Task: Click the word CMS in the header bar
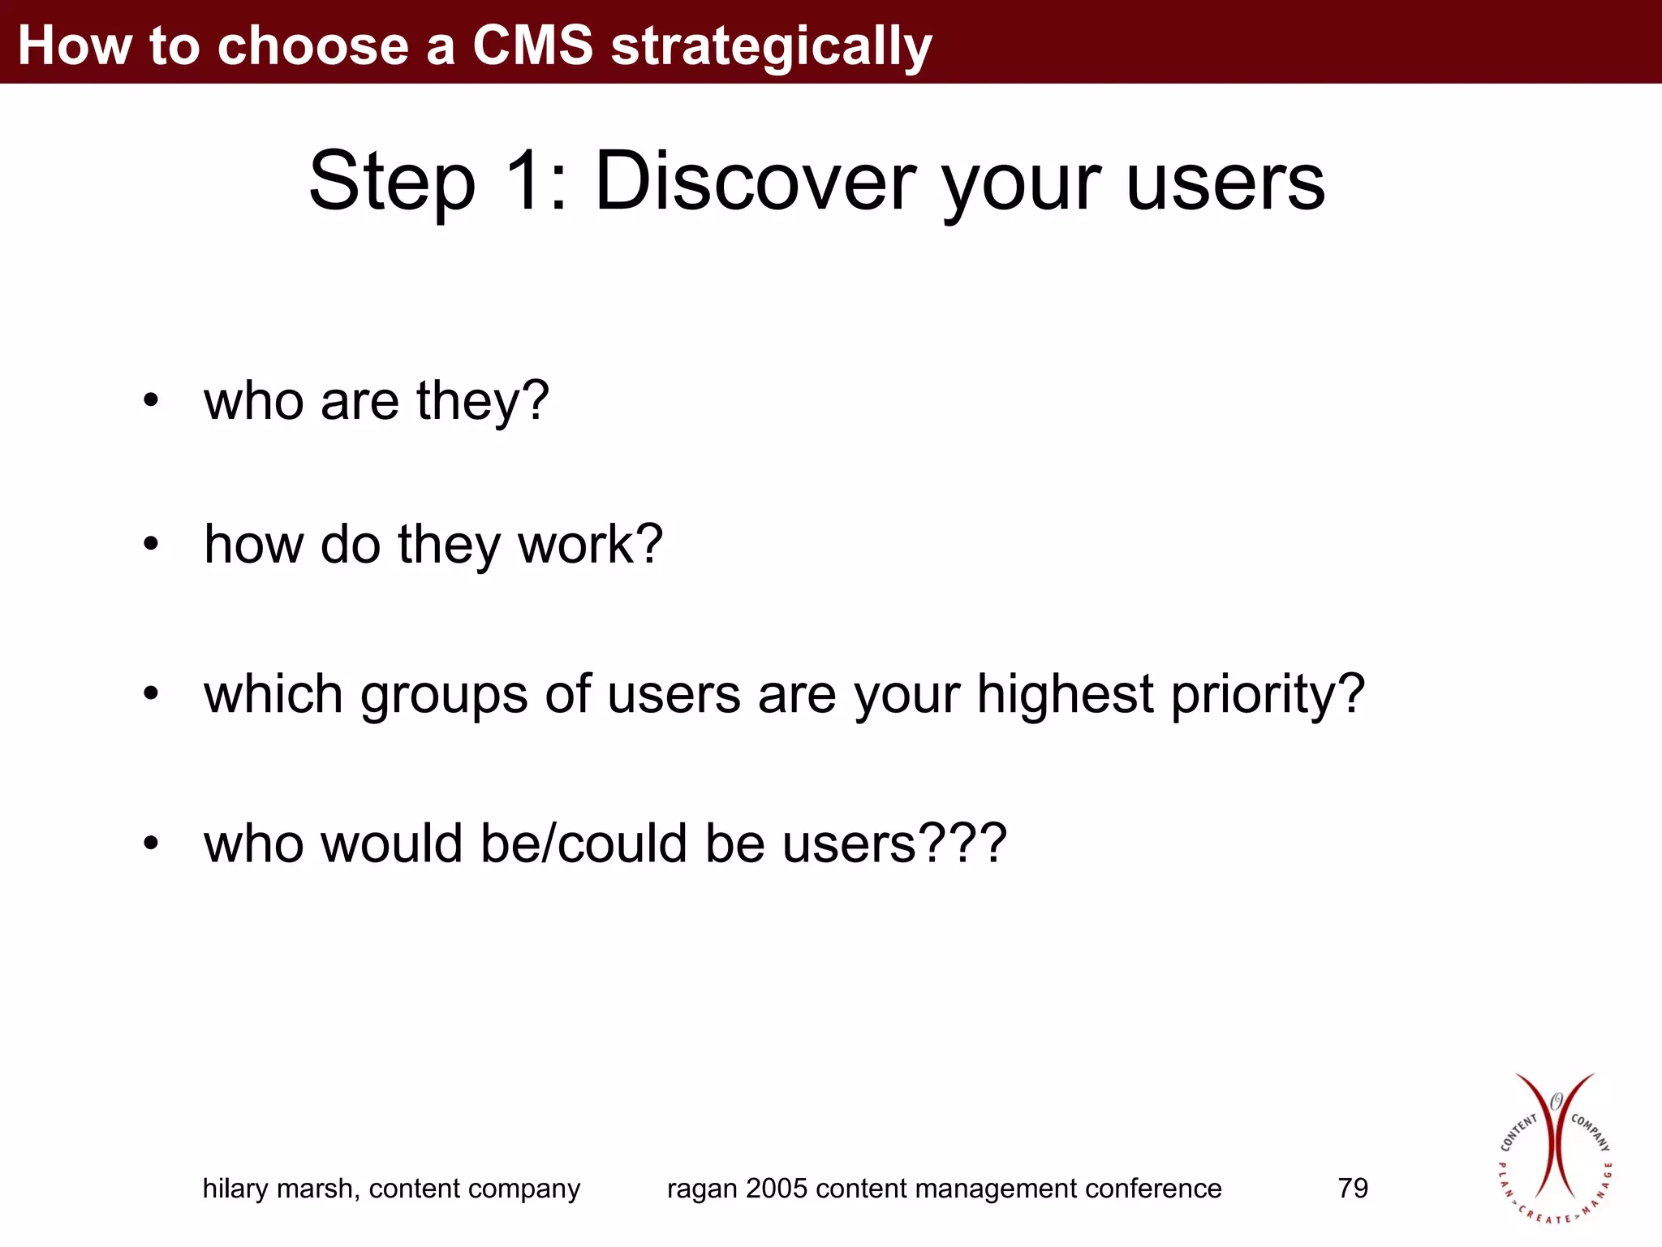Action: [x=532, y=45]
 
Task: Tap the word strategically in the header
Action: [x=771, y=47]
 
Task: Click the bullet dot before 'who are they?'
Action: [x=151, y=400]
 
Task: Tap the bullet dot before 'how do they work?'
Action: [x=151, y=543]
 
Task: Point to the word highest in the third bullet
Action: [x=1065, y=695]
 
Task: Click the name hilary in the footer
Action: [x=235, y=1189]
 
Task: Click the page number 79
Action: [x=1353, y=1189]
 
